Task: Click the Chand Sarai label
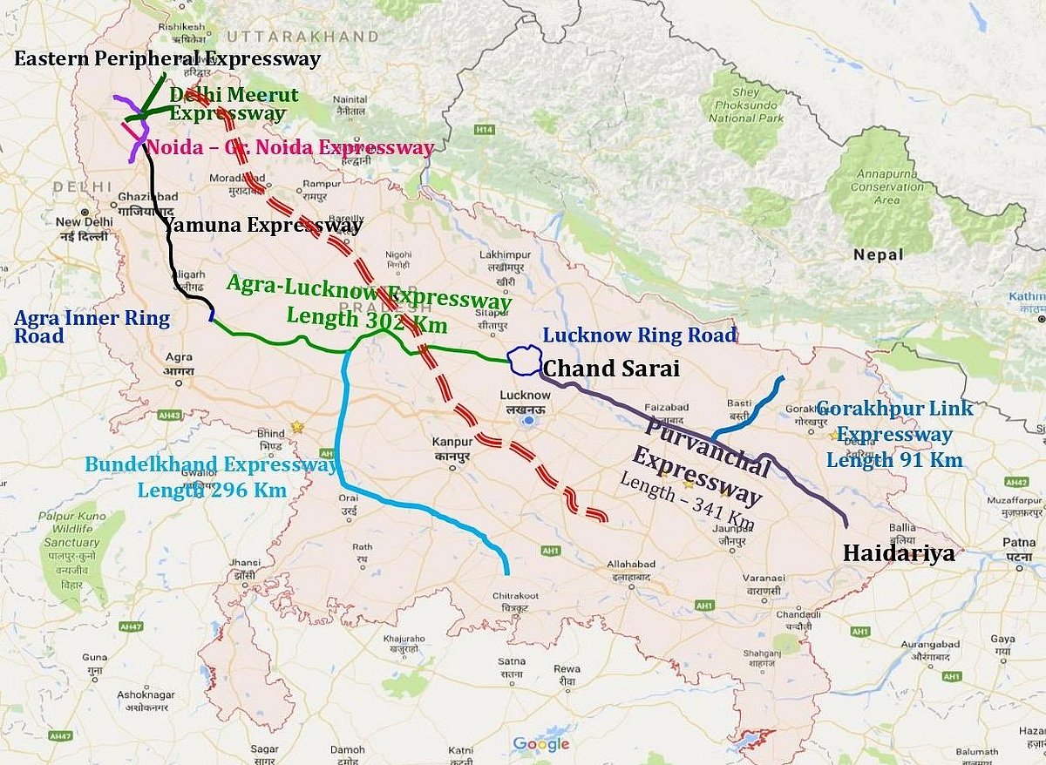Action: point(610,369)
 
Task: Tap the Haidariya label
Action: point(898,553)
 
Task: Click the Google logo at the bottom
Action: point(540,744)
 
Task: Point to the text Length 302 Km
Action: point(366,321)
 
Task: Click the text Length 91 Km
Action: point(894,460)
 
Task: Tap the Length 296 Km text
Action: point(212,490)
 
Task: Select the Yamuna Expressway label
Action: point(263,226)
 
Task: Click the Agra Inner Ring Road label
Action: point(92,327)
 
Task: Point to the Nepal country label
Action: point(879,254)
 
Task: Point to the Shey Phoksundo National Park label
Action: point(744,106)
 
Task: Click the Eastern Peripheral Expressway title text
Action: point(167,59)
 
